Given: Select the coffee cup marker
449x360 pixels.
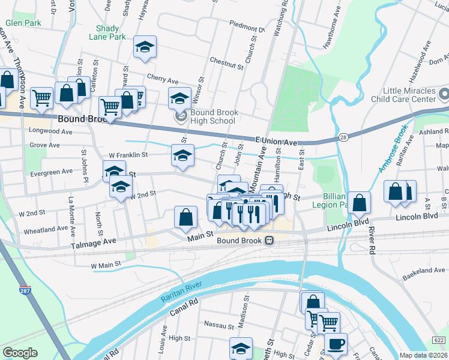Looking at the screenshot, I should click(x=335, y=344).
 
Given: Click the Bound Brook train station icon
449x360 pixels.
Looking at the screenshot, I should click(x=270, y=241).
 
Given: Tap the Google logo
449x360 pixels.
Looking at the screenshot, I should click(x=20, y=352).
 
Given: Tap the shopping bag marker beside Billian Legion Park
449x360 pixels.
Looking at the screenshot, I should click(x=358, y=203).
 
